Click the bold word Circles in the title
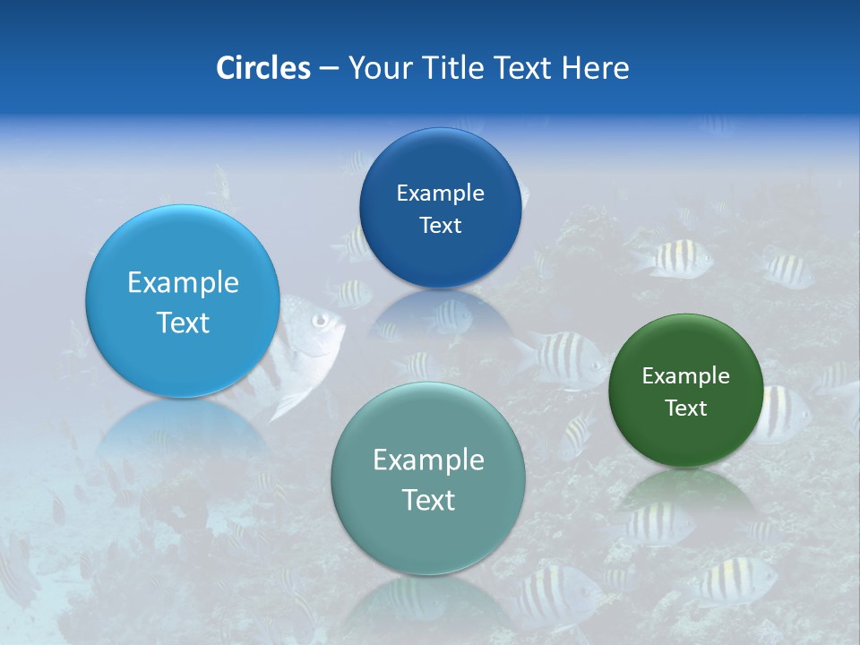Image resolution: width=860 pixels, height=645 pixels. (x=262, y=68)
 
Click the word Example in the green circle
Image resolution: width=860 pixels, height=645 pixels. (x=686, y=376)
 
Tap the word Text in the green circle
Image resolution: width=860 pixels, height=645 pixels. (x=686, y=408)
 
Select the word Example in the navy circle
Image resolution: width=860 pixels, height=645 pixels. (x=440, y=193)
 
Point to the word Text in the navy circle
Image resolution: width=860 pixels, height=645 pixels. (x=440, y=226)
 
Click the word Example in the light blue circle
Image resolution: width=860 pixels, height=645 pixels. (x=183, y=283)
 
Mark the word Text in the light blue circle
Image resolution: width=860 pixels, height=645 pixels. (x=183, y=323)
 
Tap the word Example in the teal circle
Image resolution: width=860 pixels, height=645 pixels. (x=428, y=460)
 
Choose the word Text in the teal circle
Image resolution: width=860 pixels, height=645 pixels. (x=428, y=501)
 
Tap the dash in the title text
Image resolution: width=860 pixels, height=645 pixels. (x=328, y=69)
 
